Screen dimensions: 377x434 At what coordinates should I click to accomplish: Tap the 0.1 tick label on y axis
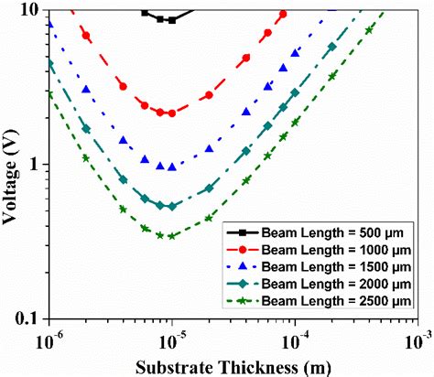[x=27, y=318]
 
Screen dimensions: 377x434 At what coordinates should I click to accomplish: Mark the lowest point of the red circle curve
[x=171, y=113]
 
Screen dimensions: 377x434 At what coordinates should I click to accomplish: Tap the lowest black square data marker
[x=171, y=20]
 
